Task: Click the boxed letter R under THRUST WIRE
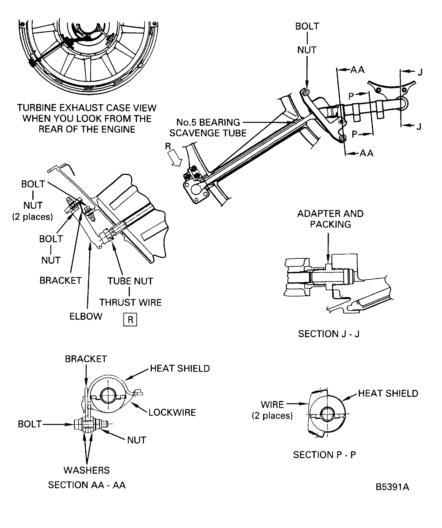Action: (x=130, y=320)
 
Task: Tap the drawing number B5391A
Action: (x=392, y=487)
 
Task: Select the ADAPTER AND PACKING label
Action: (x=330, y=219)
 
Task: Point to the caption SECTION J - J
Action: (x=329, y=334)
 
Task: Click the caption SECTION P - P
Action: (x=324, y=455)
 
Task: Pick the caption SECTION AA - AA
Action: (x=87, y=485)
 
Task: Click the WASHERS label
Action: (x=87, y=470)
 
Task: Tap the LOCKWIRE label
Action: (x=172, y=413)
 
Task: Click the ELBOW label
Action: (x=86, y=316)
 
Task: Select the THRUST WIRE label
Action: (x=130, y=302)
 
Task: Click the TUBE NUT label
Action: (x=130, y=281)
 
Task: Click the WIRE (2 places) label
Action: (x=272, y=410)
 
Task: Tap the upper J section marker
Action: (x=420, y=72)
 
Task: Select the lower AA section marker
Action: (x=366, y=153)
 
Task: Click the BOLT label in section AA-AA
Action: (x=29, y=424)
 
